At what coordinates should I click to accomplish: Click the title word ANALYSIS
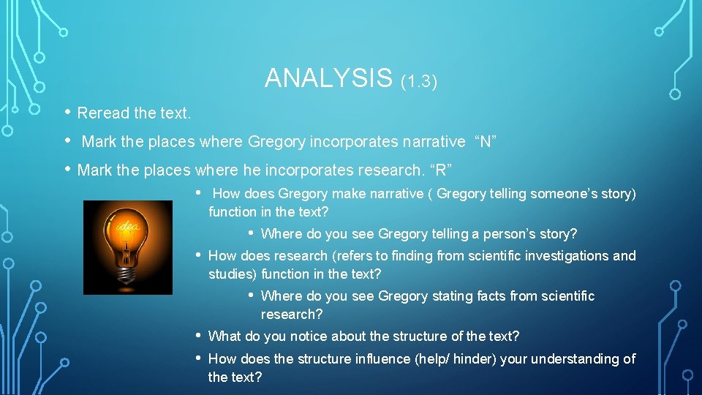tap(329, 78)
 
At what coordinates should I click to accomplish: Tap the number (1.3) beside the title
tap(419, 81)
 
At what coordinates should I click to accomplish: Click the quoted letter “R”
tap(441, 170)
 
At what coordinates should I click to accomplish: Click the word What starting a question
tap(224, 336)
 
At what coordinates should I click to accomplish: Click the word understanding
tap(581, 359)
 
